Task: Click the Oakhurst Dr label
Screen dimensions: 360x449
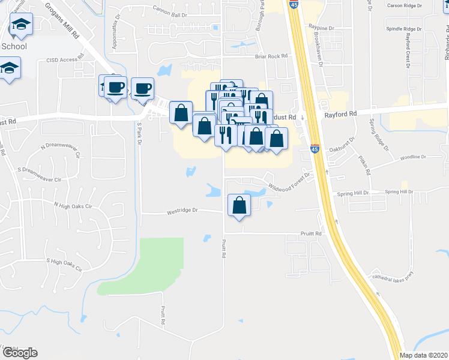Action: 343,140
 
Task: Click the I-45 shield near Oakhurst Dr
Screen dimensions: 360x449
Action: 316,149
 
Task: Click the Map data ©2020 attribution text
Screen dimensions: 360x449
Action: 424,355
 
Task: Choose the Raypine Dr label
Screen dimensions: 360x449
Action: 320,28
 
